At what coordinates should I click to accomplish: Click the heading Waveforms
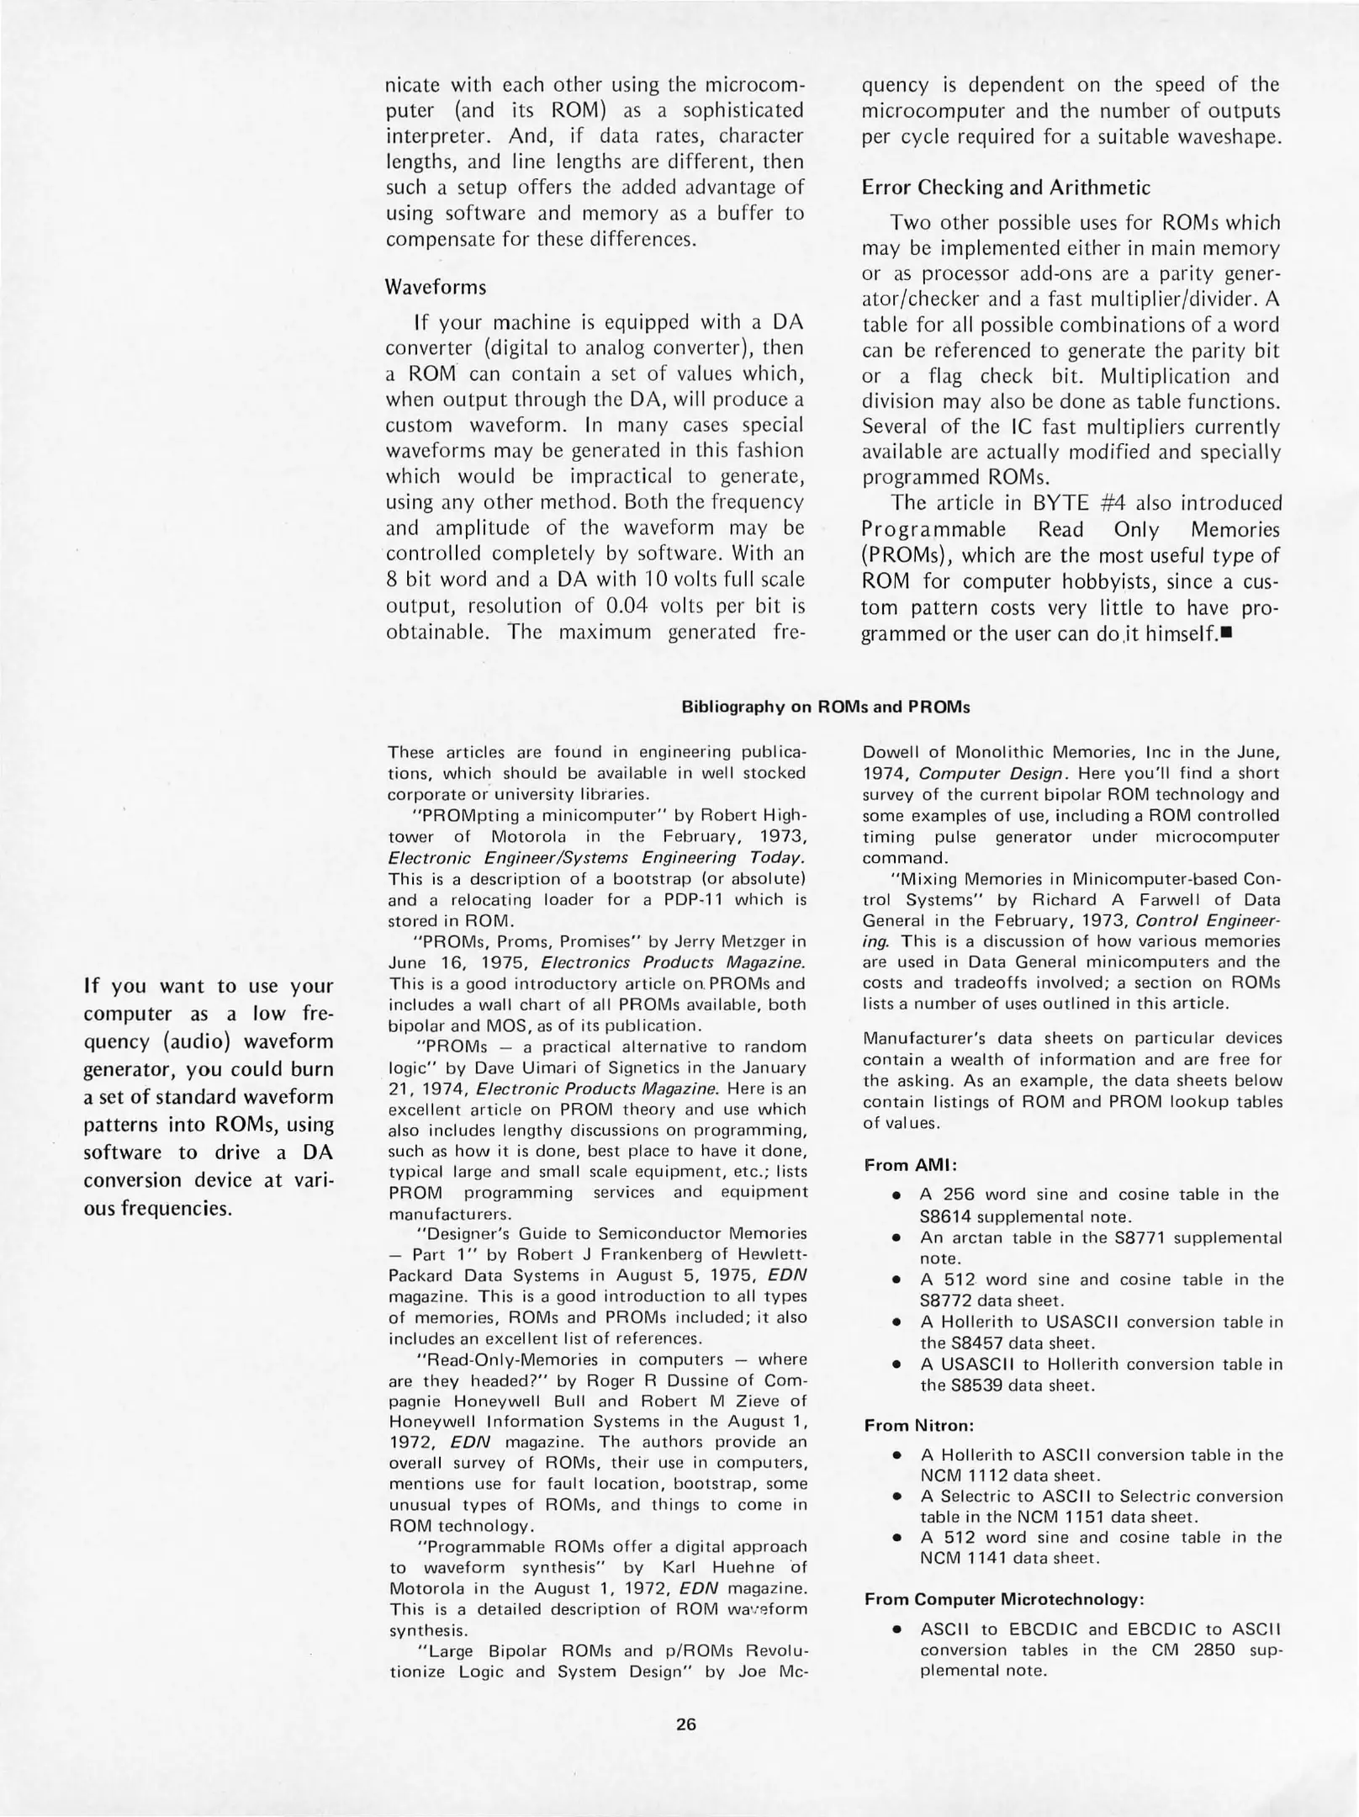click(x=436, y=287)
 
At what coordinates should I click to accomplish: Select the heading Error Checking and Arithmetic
click(x=1006, y=187)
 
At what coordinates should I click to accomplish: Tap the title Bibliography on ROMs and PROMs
click(x=825, y=707)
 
